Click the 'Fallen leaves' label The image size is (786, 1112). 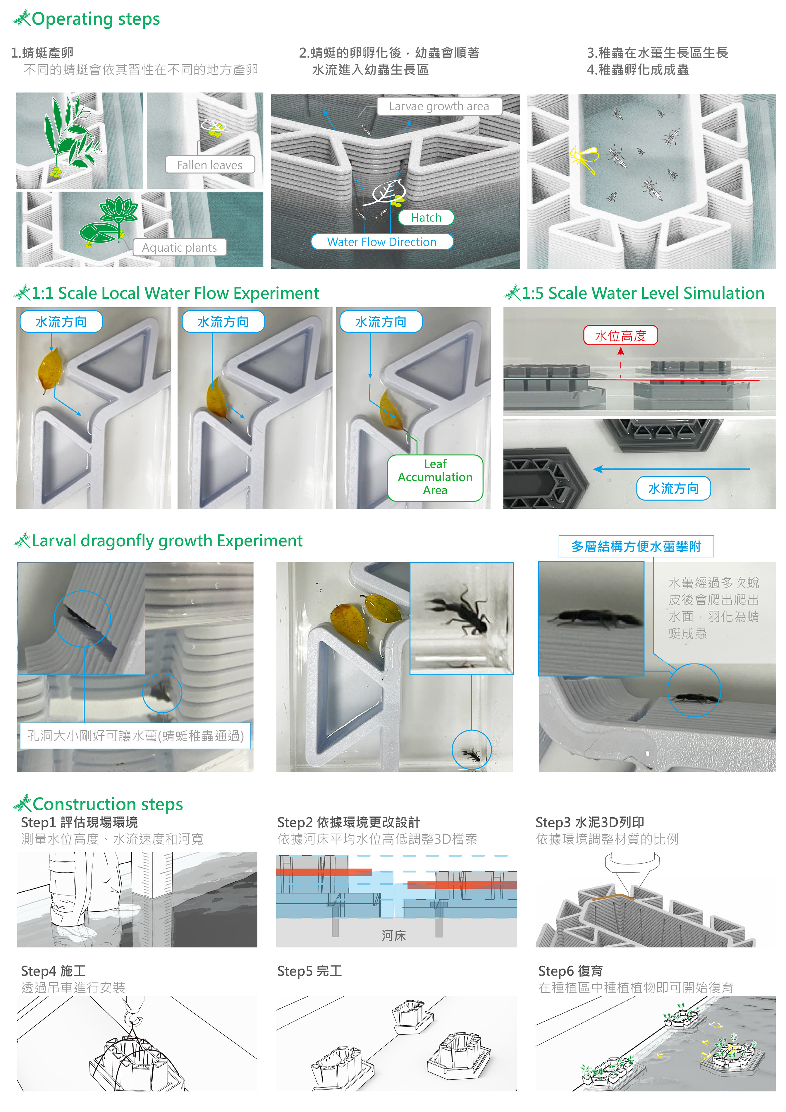pyautogui.click(x=209, y=165)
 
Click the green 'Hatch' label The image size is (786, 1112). pyautogui.click(x=426, y=217)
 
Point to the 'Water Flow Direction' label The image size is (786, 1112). pyautogui.click(x=382, y=242)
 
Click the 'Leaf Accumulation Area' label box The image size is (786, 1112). pyautogui.click(x=435, y=478)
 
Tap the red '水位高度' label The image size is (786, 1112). pyautogui.click(x=620, y=335)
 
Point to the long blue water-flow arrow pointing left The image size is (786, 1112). pyautogui.click(x=671, y=469)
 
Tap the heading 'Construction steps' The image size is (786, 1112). pyautogui.click(x=107, y=804)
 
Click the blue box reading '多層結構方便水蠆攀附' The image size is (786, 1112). pyautogui.click(x=636, y=546)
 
